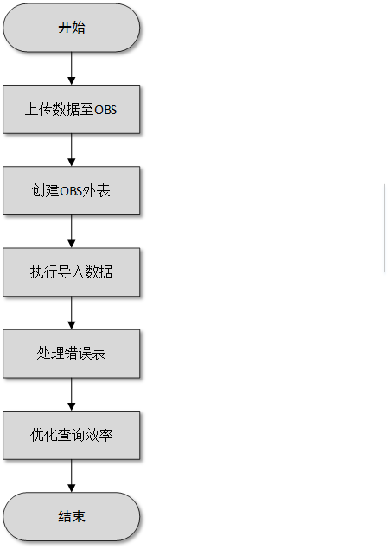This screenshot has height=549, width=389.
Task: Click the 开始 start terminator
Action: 72,28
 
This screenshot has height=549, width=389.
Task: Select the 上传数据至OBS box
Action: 72,109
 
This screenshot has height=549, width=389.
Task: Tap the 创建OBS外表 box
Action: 72,191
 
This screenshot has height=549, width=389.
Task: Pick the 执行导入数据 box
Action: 72,272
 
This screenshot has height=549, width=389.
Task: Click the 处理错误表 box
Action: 72,354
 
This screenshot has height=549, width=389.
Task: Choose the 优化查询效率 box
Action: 72,435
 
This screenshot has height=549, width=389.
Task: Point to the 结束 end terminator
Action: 72,516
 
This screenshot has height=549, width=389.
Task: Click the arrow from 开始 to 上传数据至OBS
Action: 72,68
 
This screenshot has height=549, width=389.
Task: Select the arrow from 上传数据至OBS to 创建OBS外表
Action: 72,150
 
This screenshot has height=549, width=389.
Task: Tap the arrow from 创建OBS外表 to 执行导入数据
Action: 72,232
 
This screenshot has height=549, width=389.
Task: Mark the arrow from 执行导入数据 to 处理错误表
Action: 72,313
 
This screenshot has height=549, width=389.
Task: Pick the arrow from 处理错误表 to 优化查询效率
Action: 72,394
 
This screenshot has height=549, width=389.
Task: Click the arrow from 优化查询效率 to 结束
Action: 72,476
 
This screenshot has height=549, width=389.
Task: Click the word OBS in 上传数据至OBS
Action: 105,110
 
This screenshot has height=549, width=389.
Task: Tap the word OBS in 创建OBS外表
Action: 71,191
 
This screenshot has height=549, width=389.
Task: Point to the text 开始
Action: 72,28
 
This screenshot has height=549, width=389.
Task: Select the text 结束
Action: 72,516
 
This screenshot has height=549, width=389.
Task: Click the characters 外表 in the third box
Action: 96,191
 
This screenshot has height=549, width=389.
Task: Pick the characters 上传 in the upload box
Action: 39,109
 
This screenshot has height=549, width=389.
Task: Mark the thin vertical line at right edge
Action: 385,227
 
